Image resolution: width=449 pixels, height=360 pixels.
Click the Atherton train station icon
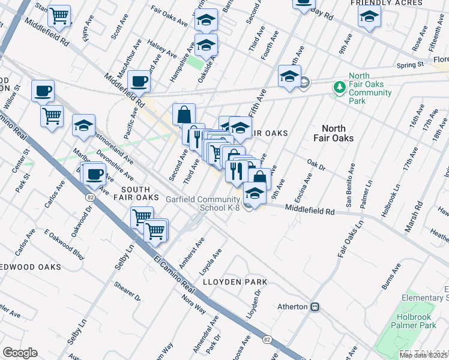click(x=314, y=307)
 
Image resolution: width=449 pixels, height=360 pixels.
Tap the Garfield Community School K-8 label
click(x=203, y=203)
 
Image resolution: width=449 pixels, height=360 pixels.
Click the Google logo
click(x=20, y=353)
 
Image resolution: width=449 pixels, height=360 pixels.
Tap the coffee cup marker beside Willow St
click(x=43, y=91)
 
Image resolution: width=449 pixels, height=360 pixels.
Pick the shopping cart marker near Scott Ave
click(x=59, y=16)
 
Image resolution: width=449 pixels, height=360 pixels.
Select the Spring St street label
click(x=410, y=64)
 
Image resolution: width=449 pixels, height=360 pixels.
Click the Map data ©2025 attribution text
click(x=423, y=355)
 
